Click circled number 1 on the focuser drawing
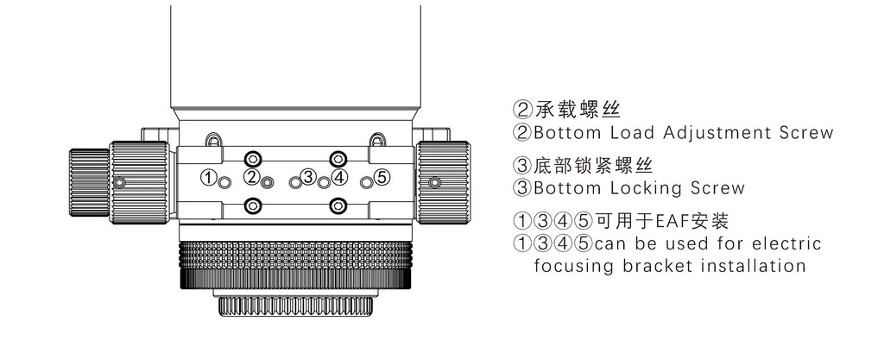pyautogui.click(x=209, y=179)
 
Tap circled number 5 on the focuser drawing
pyautogui.click(x=382, y=178)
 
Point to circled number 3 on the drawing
pyautogui.click(x=307, y=177)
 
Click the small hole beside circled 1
pyautogui.click(x=224, y=182)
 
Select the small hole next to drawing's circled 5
pyautogui.click(x=366, y=182)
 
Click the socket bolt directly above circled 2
pyautogui.click(x=253, y=158)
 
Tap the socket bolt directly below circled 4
pyautogui.click(x=338, y=206)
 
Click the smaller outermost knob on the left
pyautogui.click(x=89, y=182)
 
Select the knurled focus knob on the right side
pyautogui.click(x=443, y=182)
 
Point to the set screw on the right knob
pyautogui.click(x=434, y=182)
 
